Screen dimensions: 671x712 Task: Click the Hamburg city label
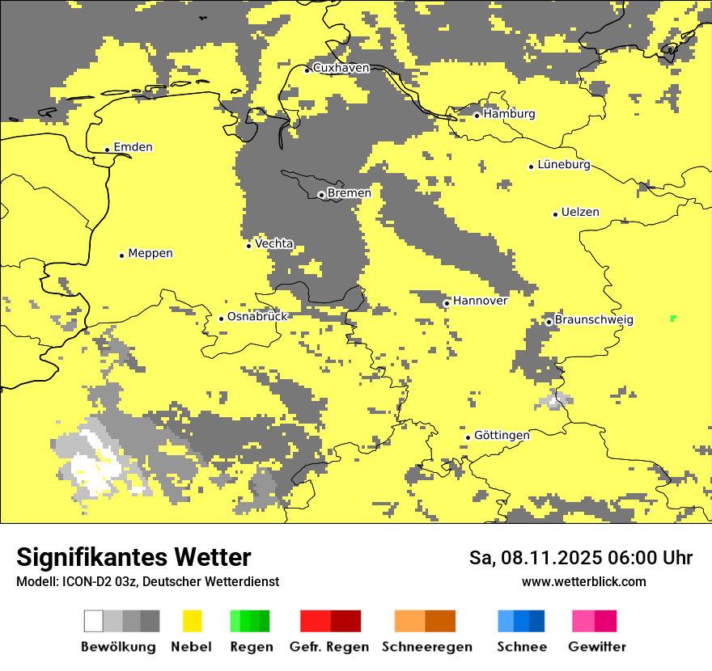pyautogui.click(x=509, y=114)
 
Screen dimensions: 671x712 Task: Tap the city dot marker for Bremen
pyautogui.click(x=321, y=195)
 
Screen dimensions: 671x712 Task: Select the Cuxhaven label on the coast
pyautogui.click(x=341, y=69)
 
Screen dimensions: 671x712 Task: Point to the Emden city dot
pyautogui.click(x=107, y=149)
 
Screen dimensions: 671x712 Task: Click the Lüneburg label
pyautogui.click(x=563, y=165)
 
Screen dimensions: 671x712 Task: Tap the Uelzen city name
pyautogui.click(x=580, y=213)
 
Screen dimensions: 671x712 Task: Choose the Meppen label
pyautogui.click(x=150, y=254)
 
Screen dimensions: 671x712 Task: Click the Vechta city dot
pyautogui.click(x=248, y=246)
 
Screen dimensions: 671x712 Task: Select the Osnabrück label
pyautogui.click(x=257, y=317)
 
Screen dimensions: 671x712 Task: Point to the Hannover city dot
pyautogui.click(x=447, y=303)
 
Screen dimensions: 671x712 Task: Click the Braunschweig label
pyautogui.click(x=594, y=320)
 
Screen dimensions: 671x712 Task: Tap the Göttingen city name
pyautogui.click(x=502, y=436)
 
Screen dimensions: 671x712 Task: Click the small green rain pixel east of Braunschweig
pyautogui.click(x=673, y=319)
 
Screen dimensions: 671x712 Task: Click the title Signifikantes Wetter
pyautogui.click(x=133, y=557)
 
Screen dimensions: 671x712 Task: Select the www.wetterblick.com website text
pyautogui.click(x=583, y=581)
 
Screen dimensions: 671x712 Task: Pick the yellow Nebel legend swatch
pyautogui.click(x=193, y=621)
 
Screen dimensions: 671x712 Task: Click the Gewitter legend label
pyautogui.click(x=597, y=647)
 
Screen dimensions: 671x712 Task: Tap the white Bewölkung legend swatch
pyautogui.click(x=94, y=621)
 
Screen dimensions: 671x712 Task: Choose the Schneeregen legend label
pyautogui.click(x=427, y=647)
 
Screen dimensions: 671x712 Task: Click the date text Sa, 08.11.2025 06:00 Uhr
pyautogui.click(x=580, y=558)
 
